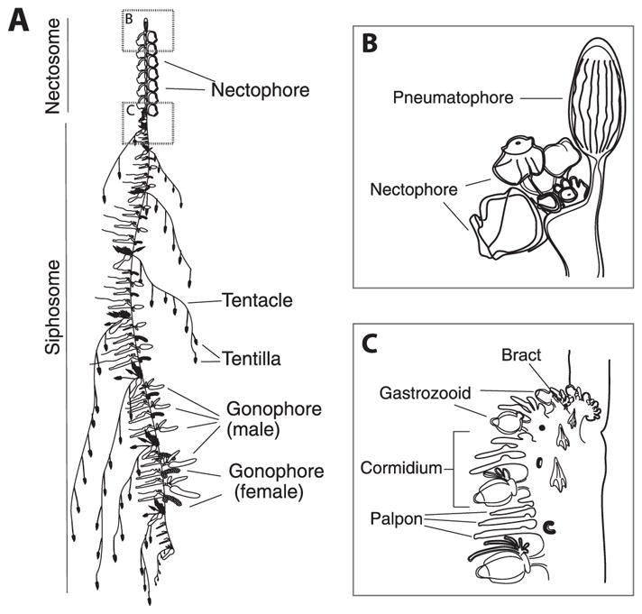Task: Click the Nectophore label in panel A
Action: [261, 89]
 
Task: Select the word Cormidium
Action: [406, 469]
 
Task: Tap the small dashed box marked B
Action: [147, 31]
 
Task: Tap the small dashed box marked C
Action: [147, 123]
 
